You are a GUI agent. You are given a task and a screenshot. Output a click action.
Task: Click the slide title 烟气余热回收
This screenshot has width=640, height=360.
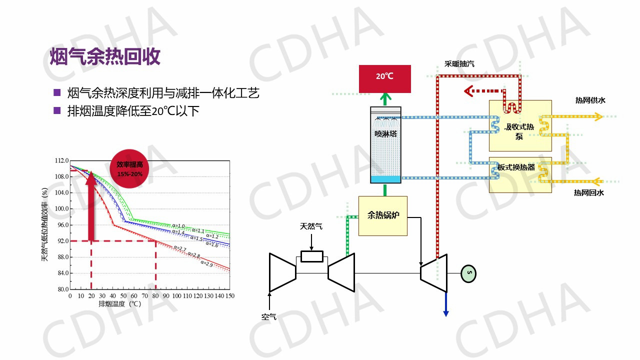105,56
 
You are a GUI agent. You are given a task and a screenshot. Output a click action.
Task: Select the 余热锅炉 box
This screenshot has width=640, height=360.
382,215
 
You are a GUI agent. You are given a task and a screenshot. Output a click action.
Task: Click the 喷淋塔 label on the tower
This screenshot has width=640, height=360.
385,134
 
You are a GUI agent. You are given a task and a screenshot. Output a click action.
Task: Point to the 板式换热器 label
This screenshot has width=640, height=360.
516,167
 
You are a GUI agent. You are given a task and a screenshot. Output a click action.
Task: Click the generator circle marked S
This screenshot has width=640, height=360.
469,273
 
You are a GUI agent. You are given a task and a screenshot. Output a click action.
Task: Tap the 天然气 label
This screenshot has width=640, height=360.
311,226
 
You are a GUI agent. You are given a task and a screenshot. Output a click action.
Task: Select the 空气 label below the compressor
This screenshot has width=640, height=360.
268,316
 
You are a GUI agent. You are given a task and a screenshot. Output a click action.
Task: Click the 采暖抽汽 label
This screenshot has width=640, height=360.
459,64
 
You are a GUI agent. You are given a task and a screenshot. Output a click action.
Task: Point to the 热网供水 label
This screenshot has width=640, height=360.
590,100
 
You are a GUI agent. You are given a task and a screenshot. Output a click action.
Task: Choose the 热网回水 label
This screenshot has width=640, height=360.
588,192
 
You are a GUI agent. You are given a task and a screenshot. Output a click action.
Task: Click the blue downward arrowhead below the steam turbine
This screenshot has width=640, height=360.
445,313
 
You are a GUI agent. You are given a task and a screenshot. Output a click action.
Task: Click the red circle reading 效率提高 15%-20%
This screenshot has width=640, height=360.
129,168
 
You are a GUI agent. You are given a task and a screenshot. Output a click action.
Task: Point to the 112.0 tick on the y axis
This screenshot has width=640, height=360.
61,160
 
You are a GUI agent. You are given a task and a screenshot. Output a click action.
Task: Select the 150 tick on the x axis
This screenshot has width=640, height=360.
229,296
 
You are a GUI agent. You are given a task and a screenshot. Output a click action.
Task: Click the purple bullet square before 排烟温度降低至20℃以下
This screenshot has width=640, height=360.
57,110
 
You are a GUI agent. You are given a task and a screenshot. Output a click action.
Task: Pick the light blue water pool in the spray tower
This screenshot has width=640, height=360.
385,179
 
